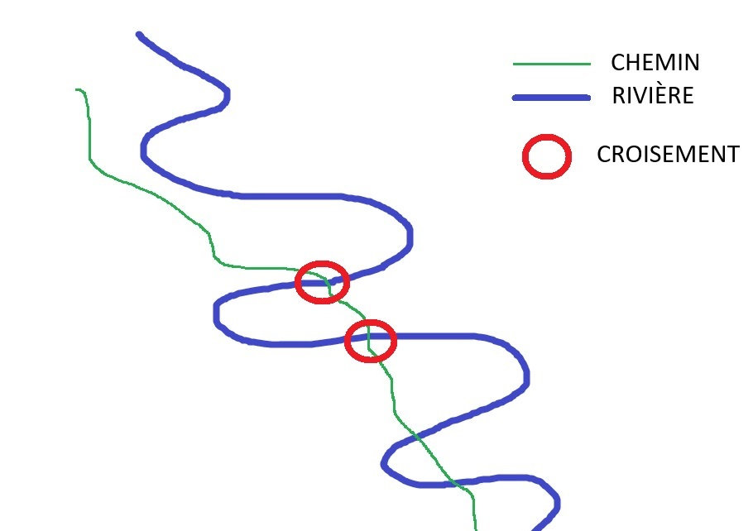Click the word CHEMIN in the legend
655,62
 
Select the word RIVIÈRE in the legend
653,95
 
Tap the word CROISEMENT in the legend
668,154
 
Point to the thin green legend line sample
552,64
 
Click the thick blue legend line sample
551,98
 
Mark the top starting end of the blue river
139,35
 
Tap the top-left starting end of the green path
77,89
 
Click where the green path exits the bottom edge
476,529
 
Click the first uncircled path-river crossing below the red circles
417,438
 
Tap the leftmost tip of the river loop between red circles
216,314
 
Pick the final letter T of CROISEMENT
733,154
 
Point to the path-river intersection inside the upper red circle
329,283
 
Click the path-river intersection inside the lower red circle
368,337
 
